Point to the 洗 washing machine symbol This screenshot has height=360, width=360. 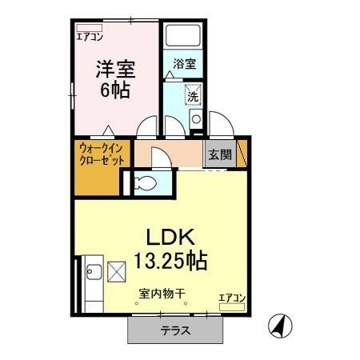[x=193, y=95]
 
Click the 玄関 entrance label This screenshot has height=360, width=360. [x=220, y=155]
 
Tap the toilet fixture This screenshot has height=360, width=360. [x=146, y=183]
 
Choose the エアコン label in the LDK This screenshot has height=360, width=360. [x=232, y=298]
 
